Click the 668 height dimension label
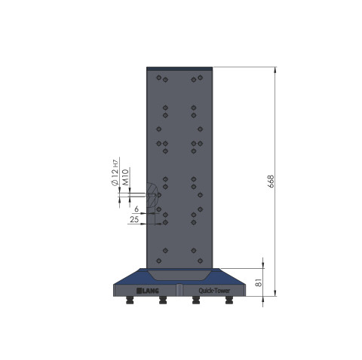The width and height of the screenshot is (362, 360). click(270, 182)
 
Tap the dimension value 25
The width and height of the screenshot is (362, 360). click(134, 219)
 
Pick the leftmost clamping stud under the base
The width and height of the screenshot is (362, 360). click(129, 301)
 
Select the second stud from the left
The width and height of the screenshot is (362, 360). click(162, 301)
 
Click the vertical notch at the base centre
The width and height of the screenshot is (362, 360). click(179, 290)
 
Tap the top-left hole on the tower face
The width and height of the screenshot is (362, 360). click(158, 77)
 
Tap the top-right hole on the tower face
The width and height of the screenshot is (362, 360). click(201, 77)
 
